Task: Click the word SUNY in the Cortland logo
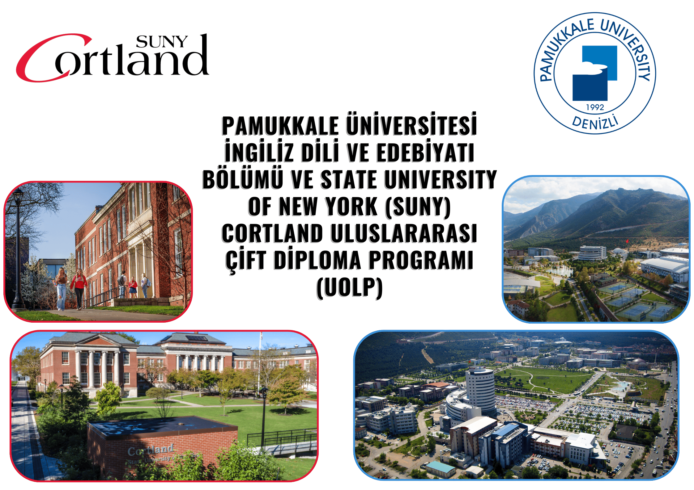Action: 162,42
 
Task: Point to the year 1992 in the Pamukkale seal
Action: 595,107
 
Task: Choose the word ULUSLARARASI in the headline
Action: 404,233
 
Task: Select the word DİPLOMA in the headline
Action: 317,260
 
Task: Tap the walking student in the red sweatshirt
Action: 79,289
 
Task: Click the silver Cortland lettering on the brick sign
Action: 151,450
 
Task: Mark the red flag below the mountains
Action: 627,241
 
